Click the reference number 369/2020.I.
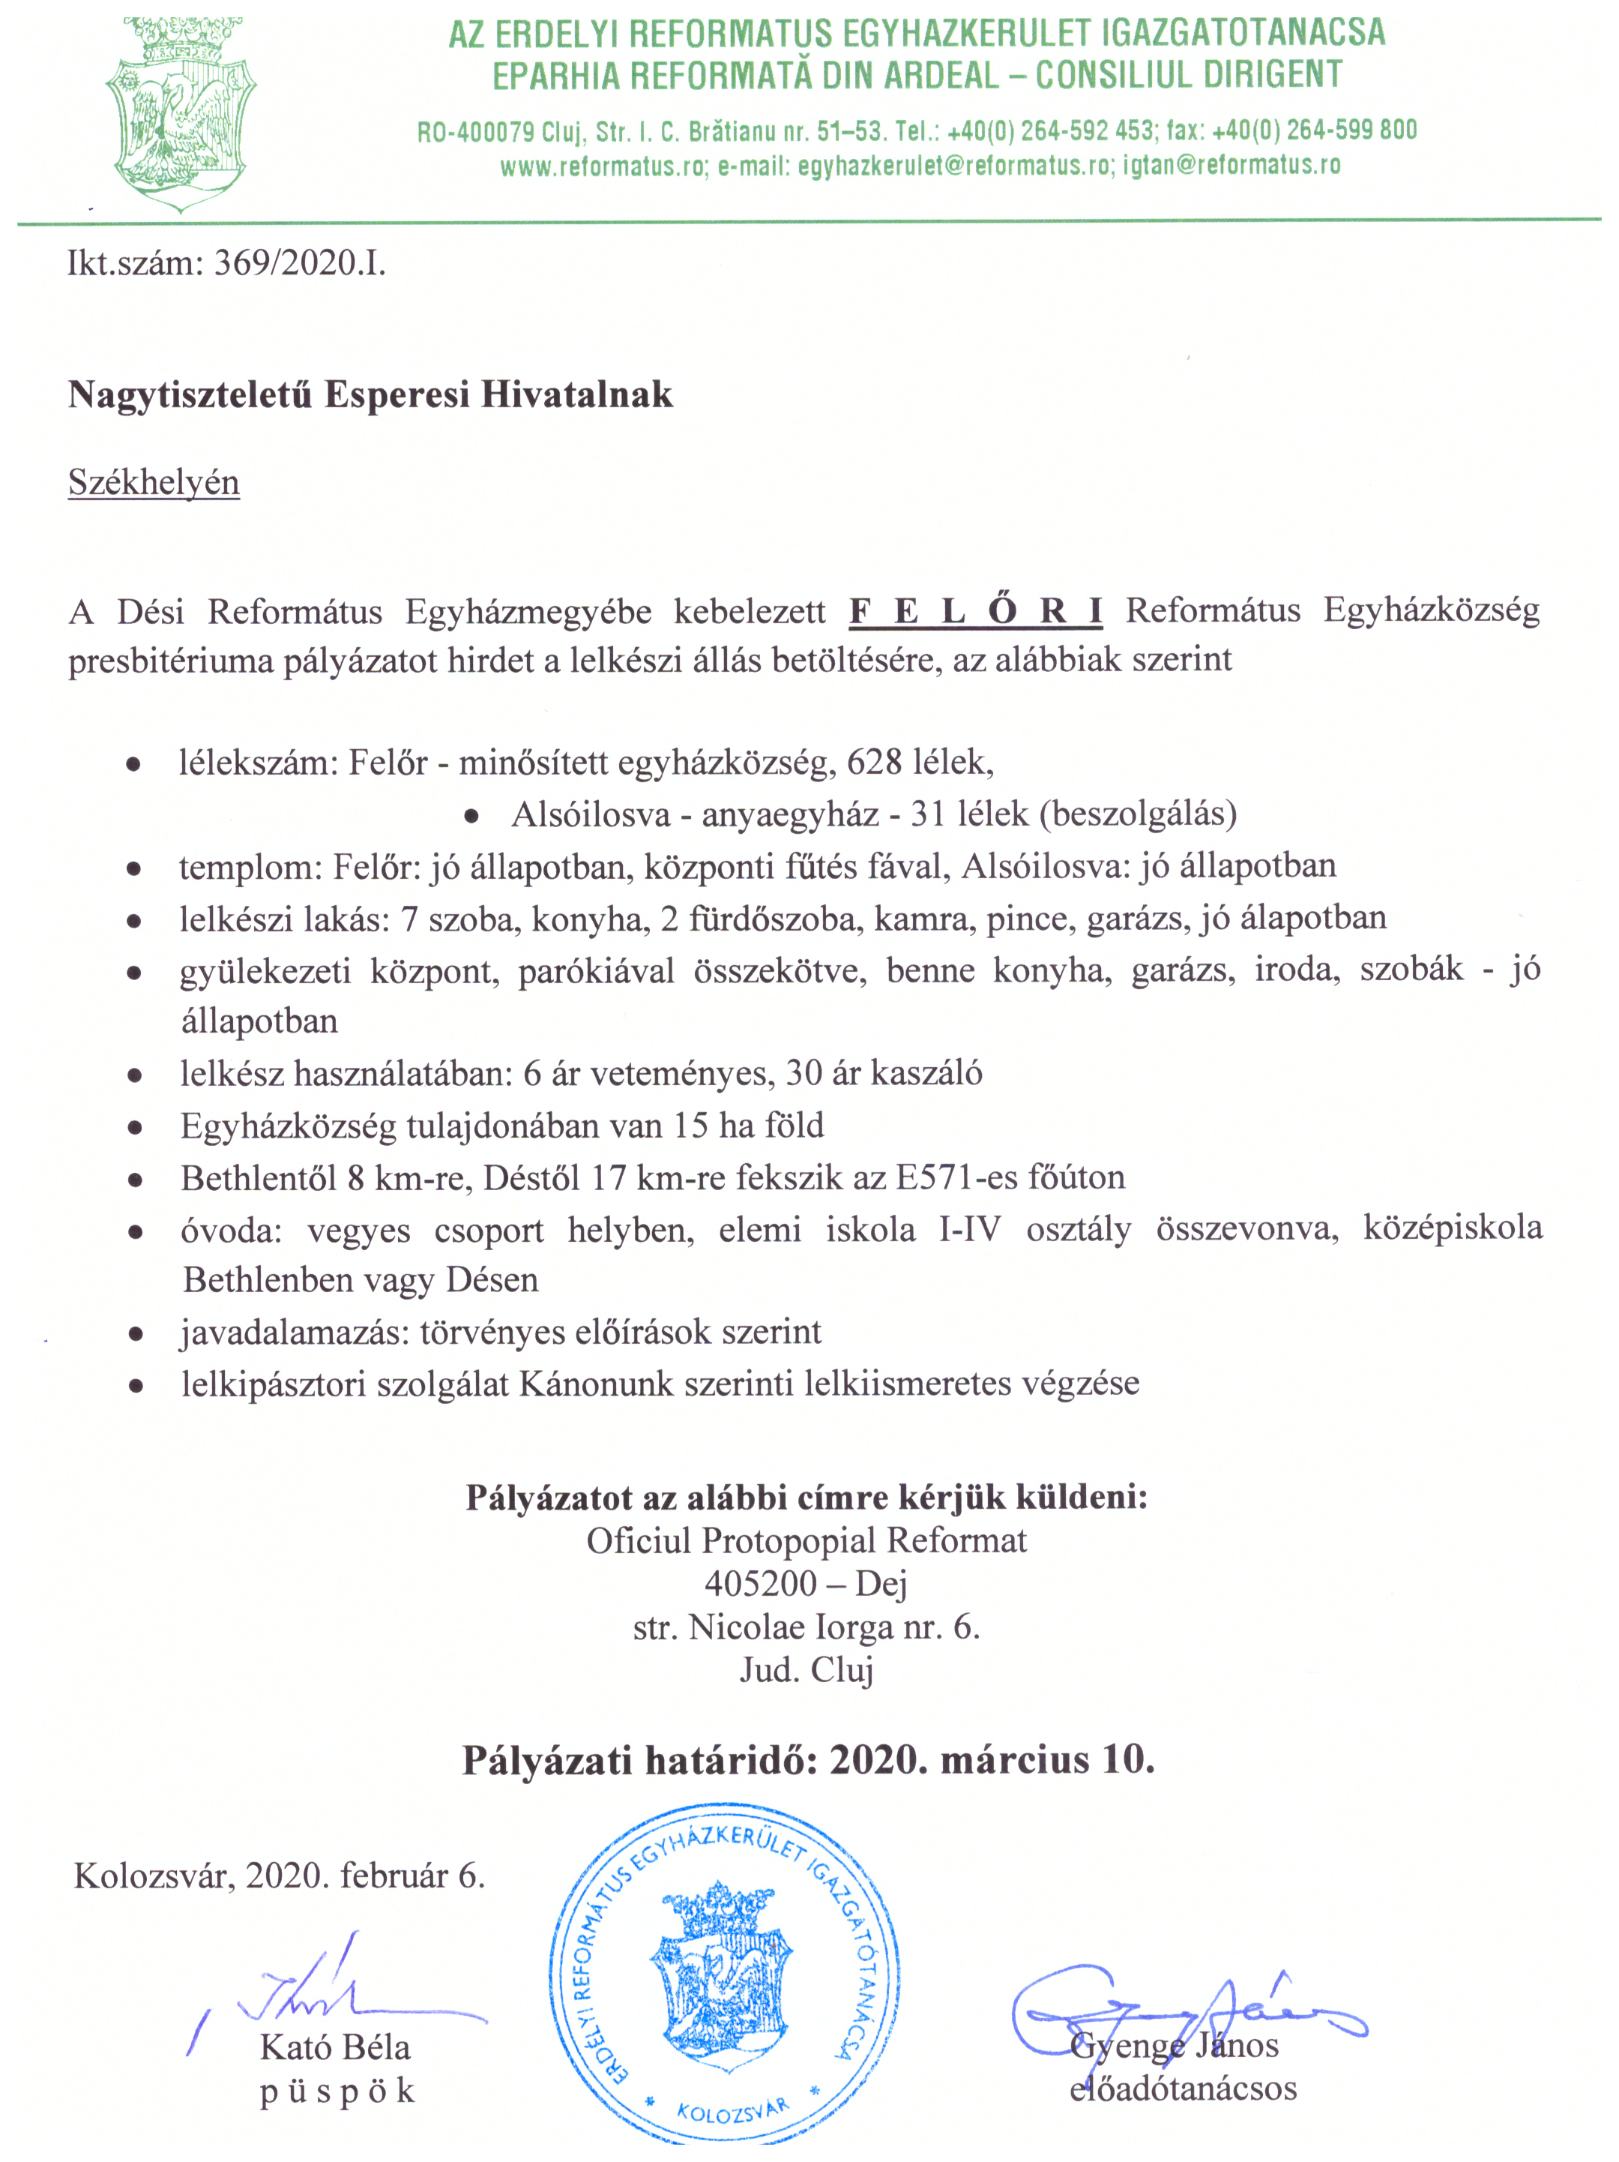(x=299, y=264)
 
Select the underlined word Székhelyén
(x=154, y=483)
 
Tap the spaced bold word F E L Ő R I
(x=975, y=612)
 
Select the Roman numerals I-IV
(x=969, y=1228)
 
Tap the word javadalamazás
(x=294, y=1332)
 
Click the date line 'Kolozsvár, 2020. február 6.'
(x=280, y=1876)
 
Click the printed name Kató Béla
(x=334, y=2047)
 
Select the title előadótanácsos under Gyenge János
(x=1184, y=2089)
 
